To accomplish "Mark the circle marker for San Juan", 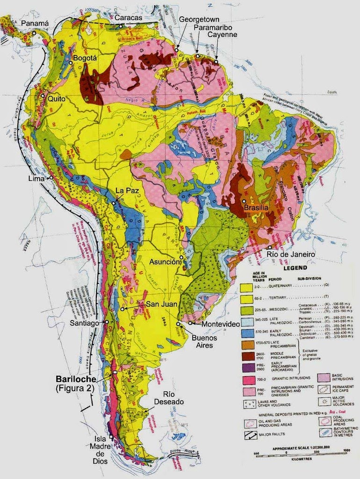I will [x=122, y=309].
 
